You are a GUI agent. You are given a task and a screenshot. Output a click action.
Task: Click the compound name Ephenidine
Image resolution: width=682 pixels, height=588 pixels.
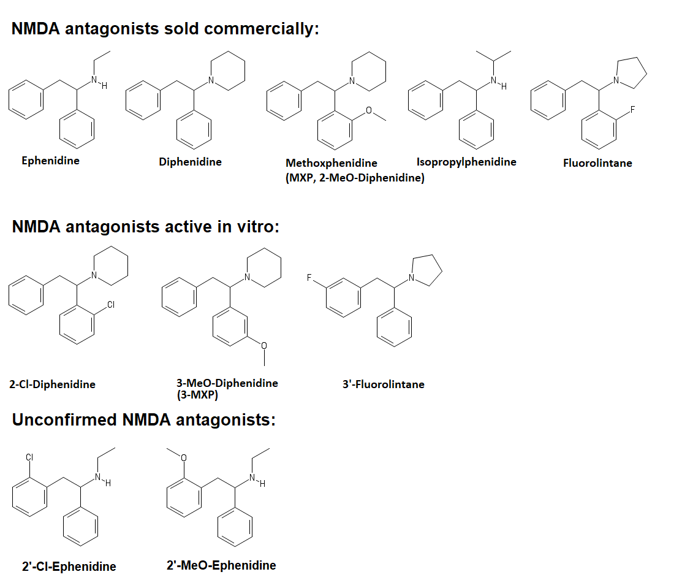point(50,161)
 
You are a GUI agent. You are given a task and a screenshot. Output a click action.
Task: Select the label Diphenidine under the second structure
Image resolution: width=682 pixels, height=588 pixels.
point(190,162)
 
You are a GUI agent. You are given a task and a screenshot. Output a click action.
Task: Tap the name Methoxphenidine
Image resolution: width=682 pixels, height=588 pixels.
point(331,163)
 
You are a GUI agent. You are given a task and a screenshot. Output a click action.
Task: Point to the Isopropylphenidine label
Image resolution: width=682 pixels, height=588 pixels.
point(466,162)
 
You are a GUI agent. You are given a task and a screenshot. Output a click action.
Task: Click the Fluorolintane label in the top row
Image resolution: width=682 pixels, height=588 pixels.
point(597,163)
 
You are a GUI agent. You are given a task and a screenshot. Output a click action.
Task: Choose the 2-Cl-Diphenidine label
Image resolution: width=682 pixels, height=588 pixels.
point(52,385)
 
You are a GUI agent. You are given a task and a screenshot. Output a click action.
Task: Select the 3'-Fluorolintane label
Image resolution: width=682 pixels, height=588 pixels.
point(383,384)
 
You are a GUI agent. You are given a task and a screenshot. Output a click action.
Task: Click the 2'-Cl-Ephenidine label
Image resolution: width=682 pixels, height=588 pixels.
point(69,567)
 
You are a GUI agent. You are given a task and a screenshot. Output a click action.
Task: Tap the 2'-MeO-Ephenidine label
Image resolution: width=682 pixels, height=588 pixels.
point(221,565)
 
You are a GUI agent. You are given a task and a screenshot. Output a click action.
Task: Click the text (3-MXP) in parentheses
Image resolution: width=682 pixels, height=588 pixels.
point(197,395)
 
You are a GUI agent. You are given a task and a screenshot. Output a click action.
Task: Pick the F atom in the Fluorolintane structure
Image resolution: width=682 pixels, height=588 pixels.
point(633,110)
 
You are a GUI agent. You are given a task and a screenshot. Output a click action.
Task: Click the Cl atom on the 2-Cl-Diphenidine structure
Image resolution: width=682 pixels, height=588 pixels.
point(111,304)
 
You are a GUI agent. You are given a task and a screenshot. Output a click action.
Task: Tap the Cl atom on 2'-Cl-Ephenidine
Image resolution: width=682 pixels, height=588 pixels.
point(29,457)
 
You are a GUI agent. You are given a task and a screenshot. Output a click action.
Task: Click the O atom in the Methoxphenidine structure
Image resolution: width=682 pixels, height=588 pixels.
point(369,110)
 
